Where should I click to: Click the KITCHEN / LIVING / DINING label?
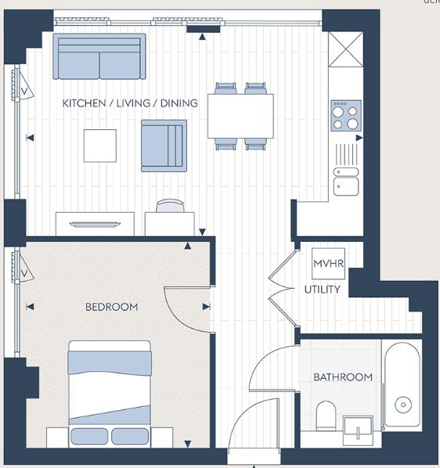click(130, 103)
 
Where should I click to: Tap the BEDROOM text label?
click(111, 307)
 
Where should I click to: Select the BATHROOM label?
click(343, 377)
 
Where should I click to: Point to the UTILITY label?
click(323, 290)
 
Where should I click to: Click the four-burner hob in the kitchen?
click(344, 116)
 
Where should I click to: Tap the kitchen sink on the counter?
click(345, 180)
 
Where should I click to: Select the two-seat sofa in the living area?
click(99, 57)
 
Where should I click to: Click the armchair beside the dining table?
click(164, 146)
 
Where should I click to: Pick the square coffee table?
click(100, 146)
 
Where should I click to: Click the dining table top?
click(240, 116)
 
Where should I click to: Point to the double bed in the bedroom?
click(110, 391)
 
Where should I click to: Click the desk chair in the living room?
click(169, 206)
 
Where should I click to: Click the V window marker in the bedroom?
click(25, 273)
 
